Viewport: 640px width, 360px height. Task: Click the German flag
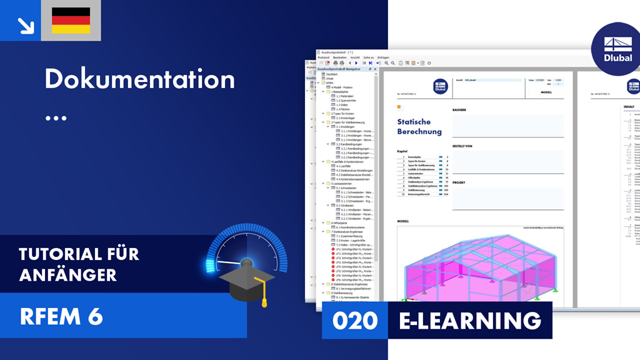point(71,21)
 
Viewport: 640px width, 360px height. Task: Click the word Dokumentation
point(139,79)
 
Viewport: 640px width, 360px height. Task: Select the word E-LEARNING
point(470,321)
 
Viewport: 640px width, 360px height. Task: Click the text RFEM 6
point(61,317)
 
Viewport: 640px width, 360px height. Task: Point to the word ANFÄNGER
point(67,274)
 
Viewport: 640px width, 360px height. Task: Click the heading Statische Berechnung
point(419,127)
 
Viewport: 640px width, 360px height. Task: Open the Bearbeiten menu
point(339,57)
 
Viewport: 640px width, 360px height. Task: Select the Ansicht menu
point(355,57)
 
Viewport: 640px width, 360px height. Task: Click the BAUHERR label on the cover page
point(460,110)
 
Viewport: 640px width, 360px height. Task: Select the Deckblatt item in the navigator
point(331,74)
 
